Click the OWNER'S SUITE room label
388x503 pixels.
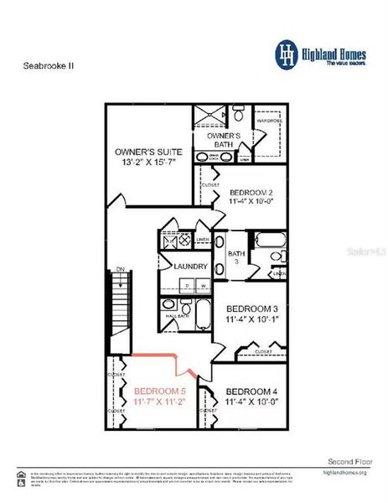pos(149,152)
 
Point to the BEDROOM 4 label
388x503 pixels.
pos(251,392)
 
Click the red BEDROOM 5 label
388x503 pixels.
pos(159,392)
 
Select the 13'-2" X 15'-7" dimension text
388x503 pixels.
pos(149,164)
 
